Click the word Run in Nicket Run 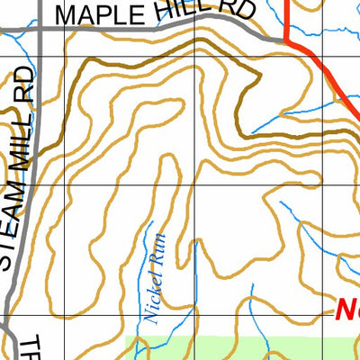pyautogui.click(x=156, y=262)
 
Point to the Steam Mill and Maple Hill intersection pyautogui.click(x=40, y=29)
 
